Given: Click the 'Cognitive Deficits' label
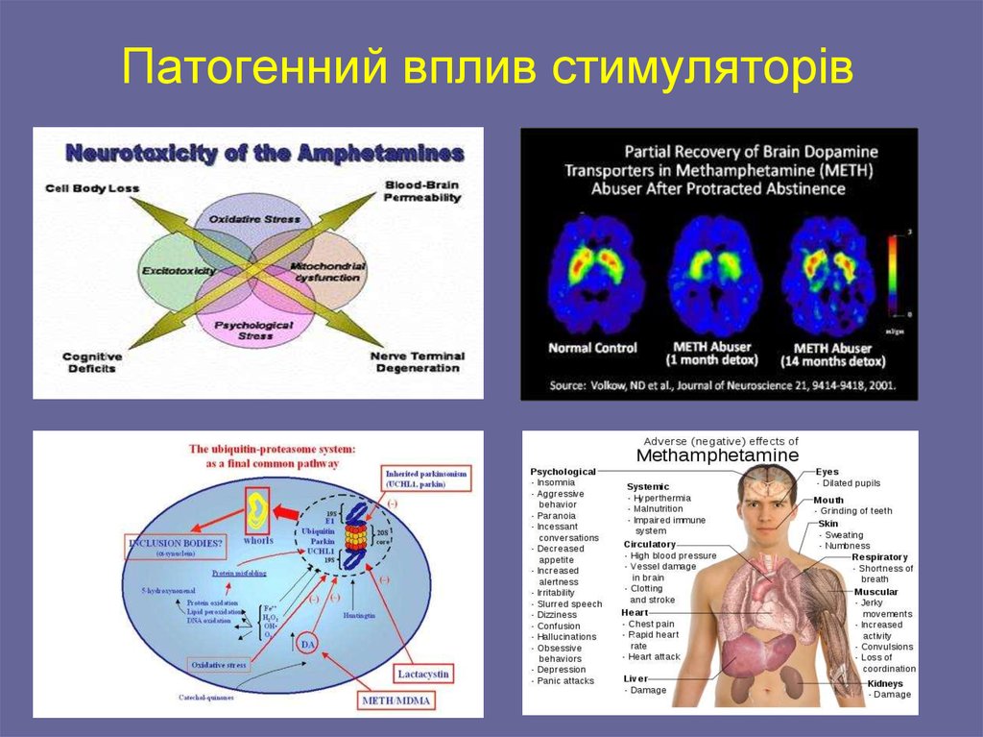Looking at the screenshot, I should (89, 362).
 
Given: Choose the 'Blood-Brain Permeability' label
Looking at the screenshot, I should (421, 190).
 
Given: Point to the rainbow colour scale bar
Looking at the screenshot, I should (893, 275).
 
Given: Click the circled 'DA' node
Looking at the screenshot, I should (307, 641).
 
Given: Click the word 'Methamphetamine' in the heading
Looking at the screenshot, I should (718, 454).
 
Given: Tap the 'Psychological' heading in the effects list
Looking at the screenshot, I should (563, 472).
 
